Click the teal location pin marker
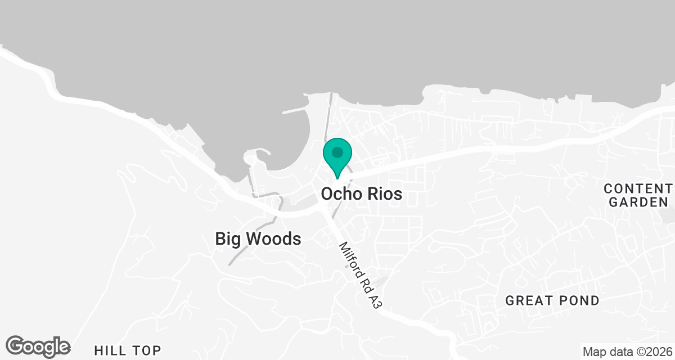(x=337, y=157)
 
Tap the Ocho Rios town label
(x=362, y=194)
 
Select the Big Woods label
(x=258, y=239)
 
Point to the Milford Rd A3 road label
(x=361, y=275)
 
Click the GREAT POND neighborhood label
(x=552, y=300)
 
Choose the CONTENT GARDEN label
(x=638, y=195)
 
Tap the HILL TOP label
(x=127, y=349)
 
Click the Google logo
(x=38, y=346)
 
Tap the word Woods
(x=275, y=239)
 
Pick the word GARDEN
(x=638, y=202)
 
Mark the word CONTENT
(x=638, y=187)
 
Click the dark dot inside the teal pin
(x=337, y=152)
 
